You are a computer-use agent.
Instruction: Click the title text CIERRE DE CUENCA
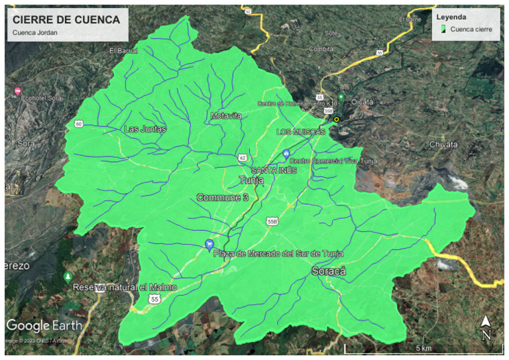tap(66, 20)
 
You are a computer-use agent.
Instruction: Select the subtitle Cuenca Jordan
tap(34, 33)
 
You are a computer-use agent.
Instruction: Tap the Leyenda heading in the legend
tap(451, 17)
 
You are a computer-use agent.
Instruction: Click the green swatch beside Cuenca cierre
tap(442, 29)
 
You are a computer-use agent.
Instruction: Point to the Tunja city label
tap(251, 180)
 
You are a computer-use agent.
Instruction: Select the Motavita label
tap(226, 116)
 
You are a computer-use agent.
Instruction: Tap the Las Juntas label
tap(145, 129)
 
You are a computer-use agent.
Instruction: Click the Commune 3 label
tap(222, 198)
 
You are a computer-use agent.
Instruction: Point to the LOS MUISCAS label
tap(301, 132)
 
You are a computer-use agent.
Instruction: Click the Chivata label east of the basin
tap(443, 144)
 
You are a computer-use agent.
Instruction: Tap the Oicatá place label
tap(362, 101)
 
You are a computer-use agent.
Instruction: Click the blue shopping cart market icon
tap(209, 244)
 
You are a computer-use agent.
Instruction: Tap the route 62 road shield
tap(243, 158)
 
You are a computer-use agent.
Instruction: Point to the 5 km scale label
tap(424, 349)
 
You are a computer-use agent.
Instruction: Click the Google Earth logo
tap(44, 326)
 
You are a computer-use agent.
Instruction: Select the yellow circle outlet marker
tap(336, 119)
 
